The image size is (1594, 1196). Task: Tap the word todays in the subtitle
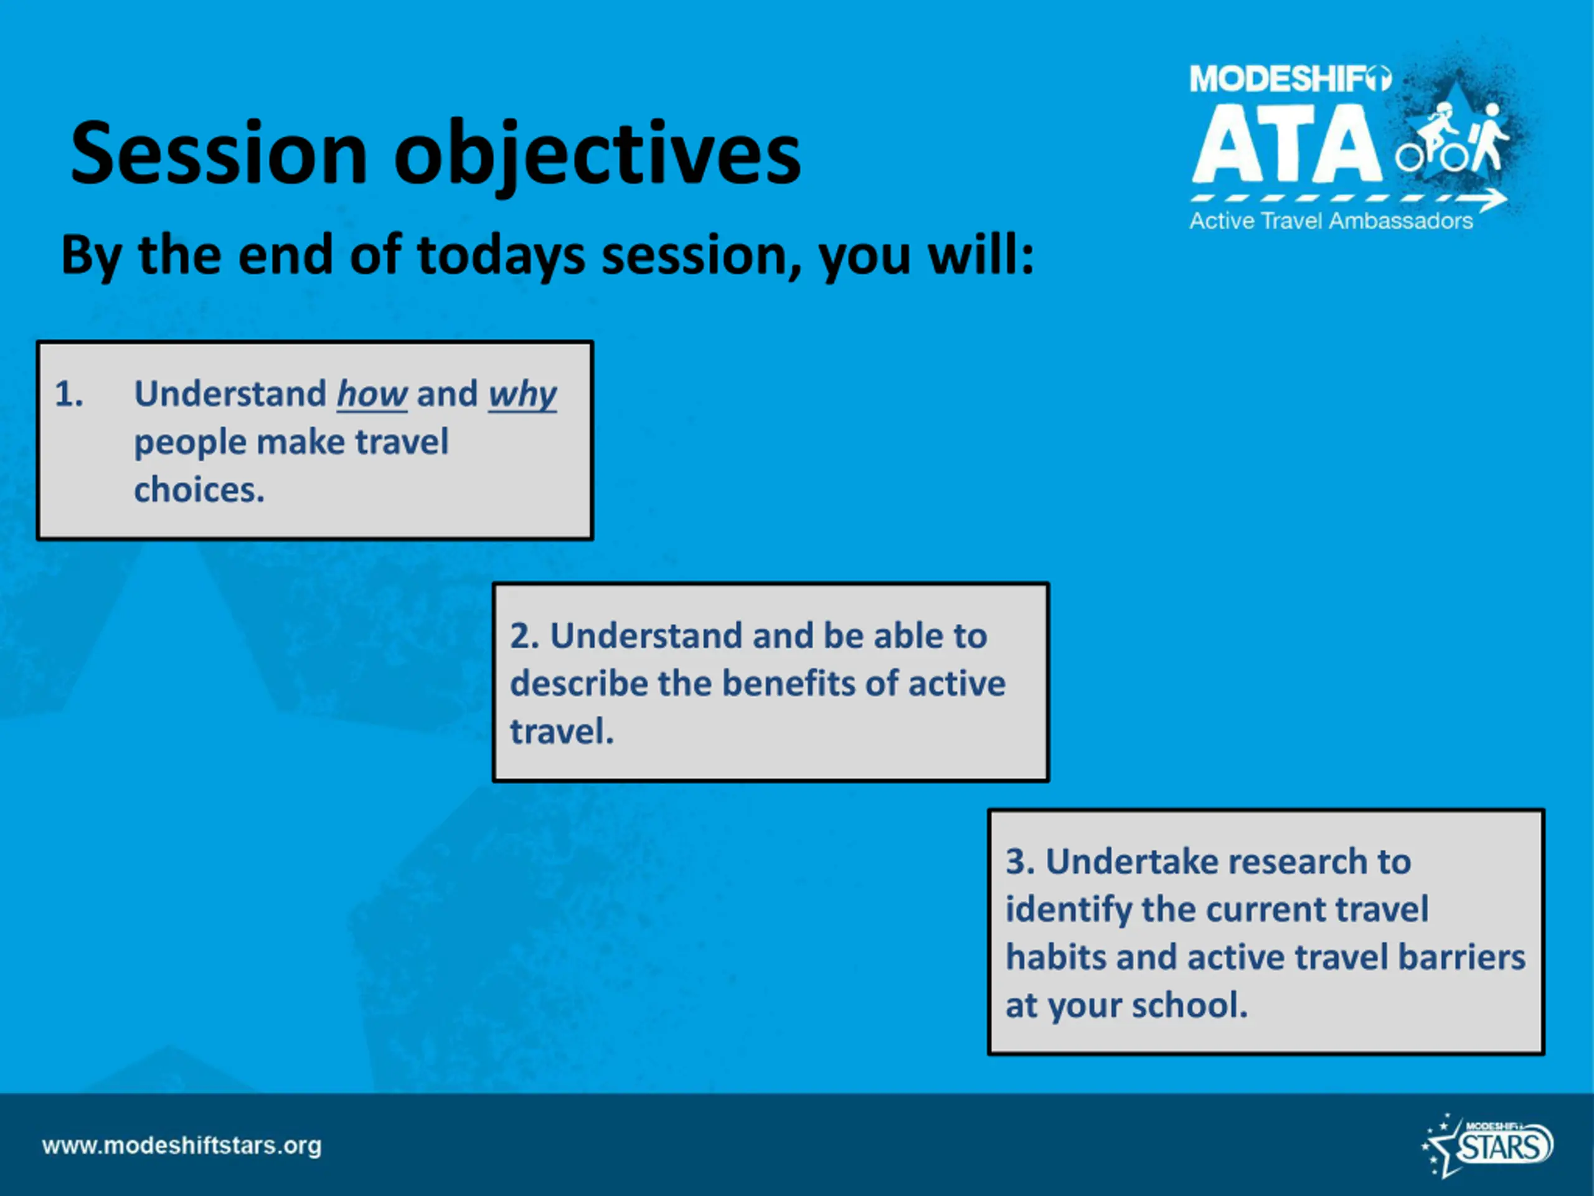coord(501,257)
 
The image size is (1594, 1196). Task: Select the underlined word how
coord(372,394)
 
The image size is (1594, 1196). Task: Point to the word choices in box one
coord(199,490)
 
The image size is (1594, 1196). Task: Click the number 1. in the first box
coord(69,394)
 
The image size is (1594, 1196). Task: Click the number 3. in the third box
coord(1020,861)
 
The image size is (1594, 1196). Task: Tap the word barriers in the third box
coord(1462,957)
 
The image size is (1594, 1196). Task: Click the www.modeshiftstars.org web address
coord(182,1146)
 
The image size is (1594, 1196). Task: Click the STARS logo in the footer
coord(1488,1145)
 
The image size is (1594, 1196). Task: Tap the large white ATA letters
coord(1287,143)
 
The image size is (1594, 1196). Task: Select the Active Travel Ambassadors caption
coord(1331,221)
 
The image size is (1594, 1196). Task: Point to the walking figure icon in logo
coord(1489,137)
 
